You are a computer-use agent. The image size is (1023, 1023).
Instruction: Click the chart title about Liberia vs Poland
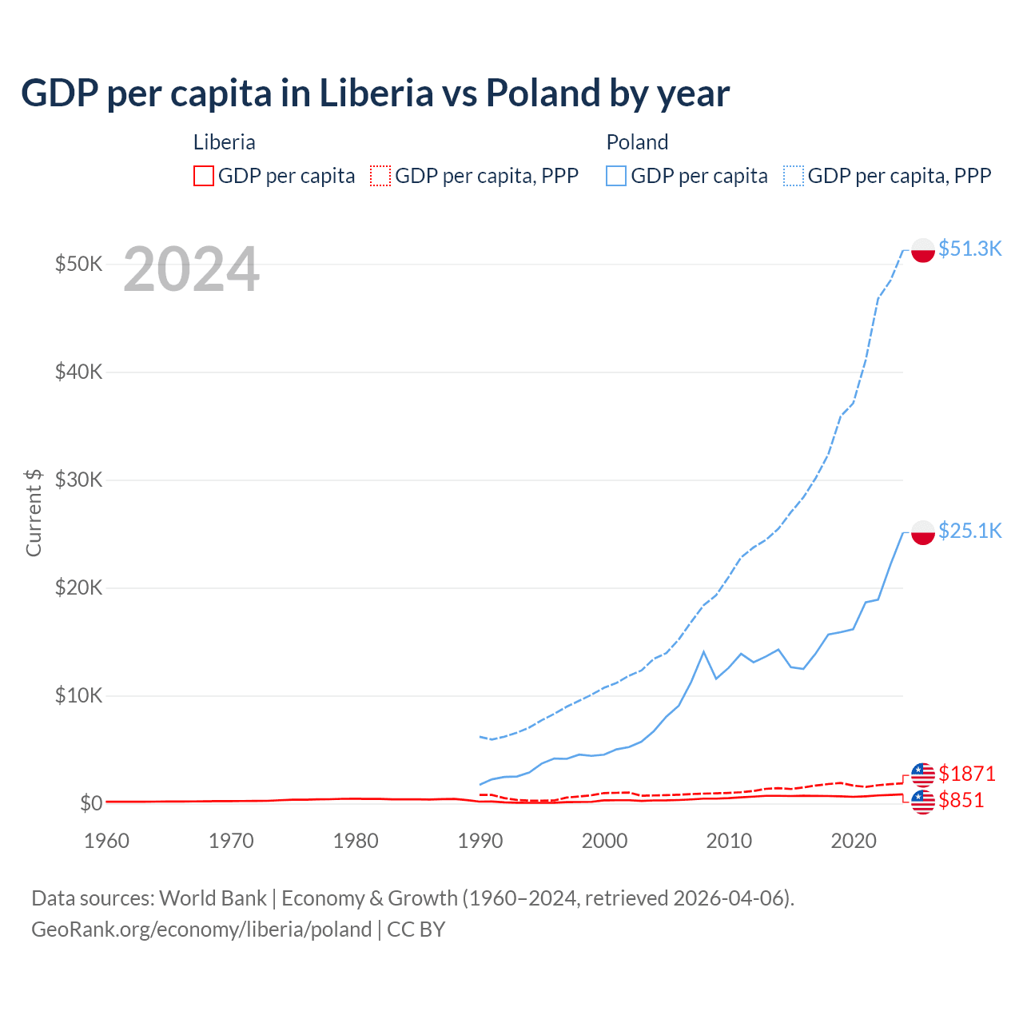pos(375,94)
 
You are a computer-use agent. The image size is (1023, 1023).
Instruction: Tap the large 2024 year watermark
pos(191,269)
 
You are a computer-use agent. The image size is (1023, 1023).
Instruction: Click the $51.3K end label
pos(969,249)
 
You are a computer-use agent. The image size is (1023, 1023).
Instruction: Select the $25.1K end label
pos(969,531)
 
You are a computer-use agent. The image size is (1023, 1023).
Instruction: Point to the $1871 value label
pos(966,774)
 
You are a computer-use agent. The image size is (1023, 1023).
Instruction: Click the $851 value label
pos(961,800)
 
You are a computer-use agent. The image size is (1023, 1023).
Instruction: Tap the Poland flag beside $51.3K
pos(923,249)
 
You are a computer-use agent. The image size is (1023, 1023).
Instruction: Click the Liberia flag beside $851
pos(923,802)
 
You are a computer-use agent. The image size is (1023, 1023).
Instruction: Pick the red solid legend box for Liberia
pos(204,176)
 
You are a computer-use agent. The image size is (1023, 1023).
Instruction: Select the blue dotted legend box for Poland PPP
pos(794,176)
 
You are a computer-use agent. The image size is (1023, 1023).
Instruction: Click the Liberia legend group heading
pos(225,142)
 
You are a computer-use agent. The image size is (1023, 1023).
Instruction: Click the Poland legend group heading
pos(637,142)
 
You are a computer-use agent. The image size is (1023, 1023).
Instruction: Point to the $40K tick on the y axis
pos(78,372)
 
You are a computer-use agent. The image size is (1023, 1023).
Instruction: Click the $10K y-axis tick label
pos(78,695)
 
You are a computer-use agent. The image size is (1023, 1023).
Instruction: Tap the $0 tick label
pos(91,803)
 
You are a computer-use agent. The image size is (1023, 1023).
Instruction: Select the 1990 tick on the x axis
pos(480,841)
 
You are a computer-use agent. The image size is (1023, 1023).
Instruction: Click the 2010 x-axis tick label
pos(729,841)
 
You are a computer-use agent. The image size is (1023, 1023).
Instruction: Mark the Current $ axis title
pos(34,512)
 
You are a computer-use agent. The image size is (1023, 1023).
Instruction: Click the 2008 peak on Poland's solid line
pos(703,652)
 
